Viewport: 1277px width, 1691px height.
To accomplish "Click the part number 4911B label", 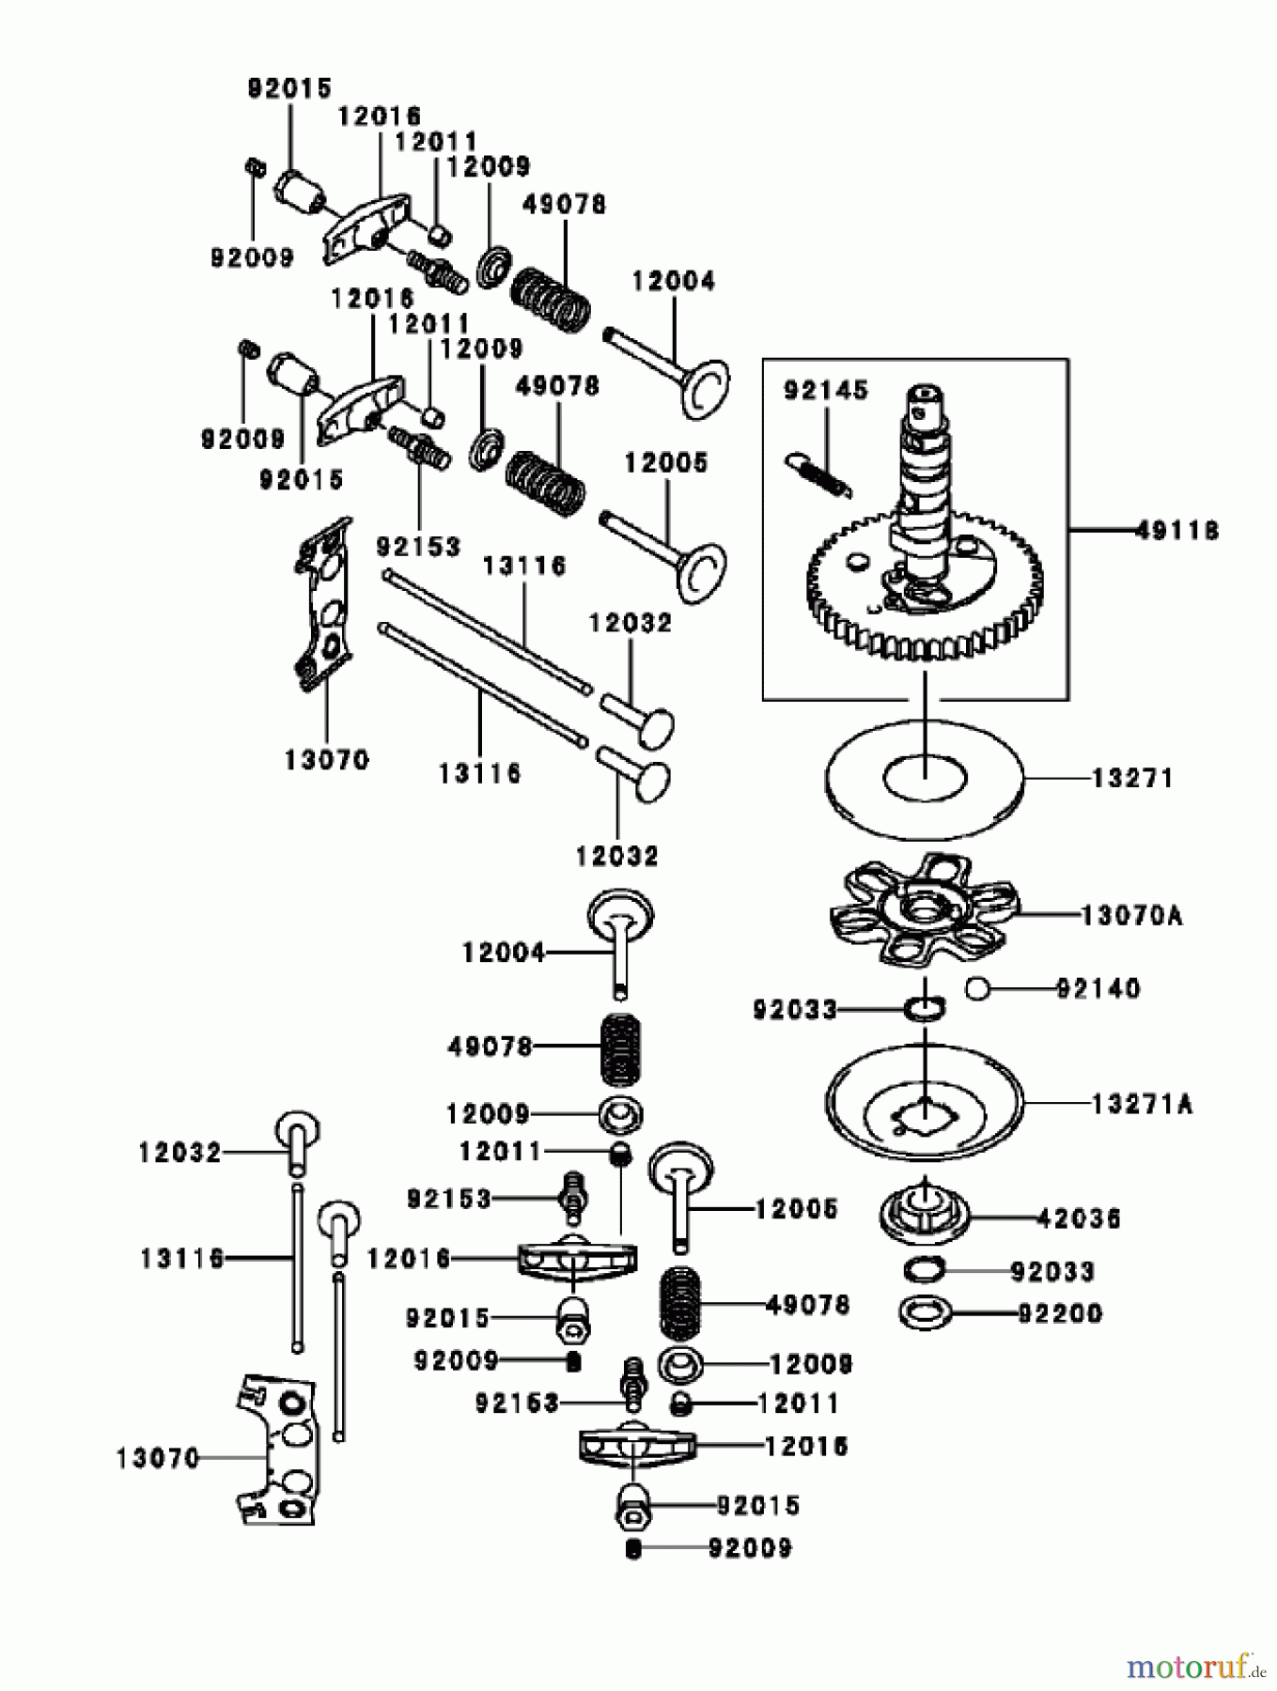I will (1176, 531).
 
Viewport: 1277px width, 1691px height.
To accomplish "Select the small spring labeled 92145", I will (819, 470).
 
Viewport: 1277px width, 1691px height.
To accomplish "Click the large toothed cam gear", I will (926, 601).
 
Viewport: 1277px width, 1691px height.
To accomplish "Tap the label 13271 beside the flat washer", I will (1132, 779).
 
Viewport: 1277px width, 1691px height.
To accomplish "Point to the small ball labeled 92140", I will (978, 988).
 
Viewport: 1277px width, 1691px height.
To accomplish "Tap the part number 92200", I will (1059, 1312).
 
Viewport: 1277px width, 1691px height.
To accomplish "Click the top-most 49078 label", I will (564, 204).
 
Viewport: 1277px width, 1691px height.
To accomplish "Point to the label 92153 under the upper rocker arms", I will (418, 546).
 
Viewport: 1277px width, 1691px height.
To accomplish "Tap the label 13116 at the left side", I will (181, 1258).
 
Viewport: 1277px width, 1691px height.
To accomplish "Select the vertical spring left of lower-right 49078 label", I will (680, 1305).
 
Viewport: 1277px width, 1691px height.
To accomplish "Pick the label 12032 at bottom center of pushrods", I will (616, 856).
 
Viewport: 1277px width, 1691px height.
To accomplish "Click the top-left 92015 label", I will (289, 88).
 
